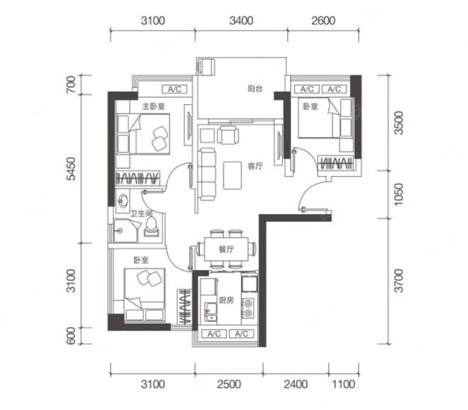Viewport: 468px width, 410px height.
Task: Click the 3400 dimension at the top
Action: pos(242,21)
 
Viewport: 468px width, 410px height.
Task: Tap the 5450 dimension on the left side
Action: pos(72,169)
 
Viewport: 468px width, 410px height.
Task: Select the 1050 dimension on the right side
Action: pos(399,194)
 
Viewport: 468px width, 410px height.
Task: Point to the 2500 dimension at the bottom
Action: pos(229,384)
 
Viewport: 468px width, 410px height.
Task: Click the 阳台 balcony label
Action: pos(255,89)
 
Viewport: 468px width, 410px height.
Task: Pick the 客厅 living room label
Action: pos(255,166)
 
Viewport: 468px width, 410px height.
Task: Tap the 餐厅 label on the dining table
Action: pos(226,250)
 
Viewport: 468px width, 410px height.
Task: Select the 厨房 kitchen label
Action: pos(226,301)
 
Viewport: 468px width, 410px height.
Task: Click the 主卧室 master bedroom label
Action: pos(153,106)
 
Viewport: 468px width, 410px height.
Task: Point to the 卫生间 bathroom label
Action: pos(142,214)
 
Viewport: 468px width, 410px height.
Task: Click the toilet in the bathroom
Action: pos(151,227)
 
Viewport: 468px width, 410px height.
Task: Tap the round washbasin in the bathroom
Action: pos(123,200)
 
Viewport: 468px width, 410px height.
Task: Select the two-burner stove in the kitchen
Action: pos(248,308)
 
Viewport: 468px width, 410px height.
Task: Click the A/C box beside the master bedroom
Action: pos(174,89)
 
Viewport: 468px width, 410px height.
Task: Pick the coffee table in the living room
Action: pos(232,175)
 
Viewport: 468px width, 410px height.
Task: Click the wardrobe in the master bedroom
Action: pos(138,178)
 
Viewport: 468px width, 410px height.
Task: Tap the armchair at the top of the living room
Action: pos(228,135)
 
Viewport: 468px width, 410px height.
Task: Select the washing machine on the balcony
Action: pos(206,67)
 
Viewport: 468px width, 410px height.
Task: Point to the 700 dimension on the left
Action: pos(72,84)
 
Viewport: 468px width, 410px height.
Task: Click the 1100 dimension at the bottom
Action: pos(343,384)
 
